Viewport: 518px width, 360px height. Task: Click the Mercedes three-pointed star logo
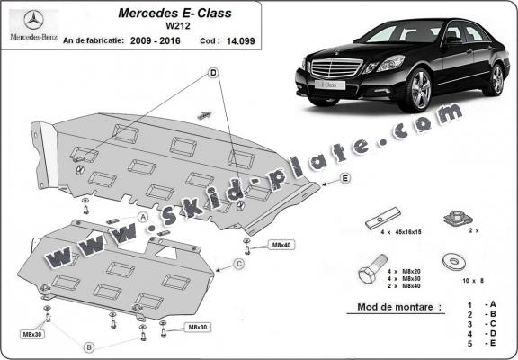34,21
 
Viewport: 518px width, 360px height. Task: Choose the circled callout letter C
240,264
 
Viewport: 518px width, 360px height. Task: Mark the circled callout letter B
89,346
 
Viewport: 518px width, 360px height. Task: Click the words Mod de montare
393,308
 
